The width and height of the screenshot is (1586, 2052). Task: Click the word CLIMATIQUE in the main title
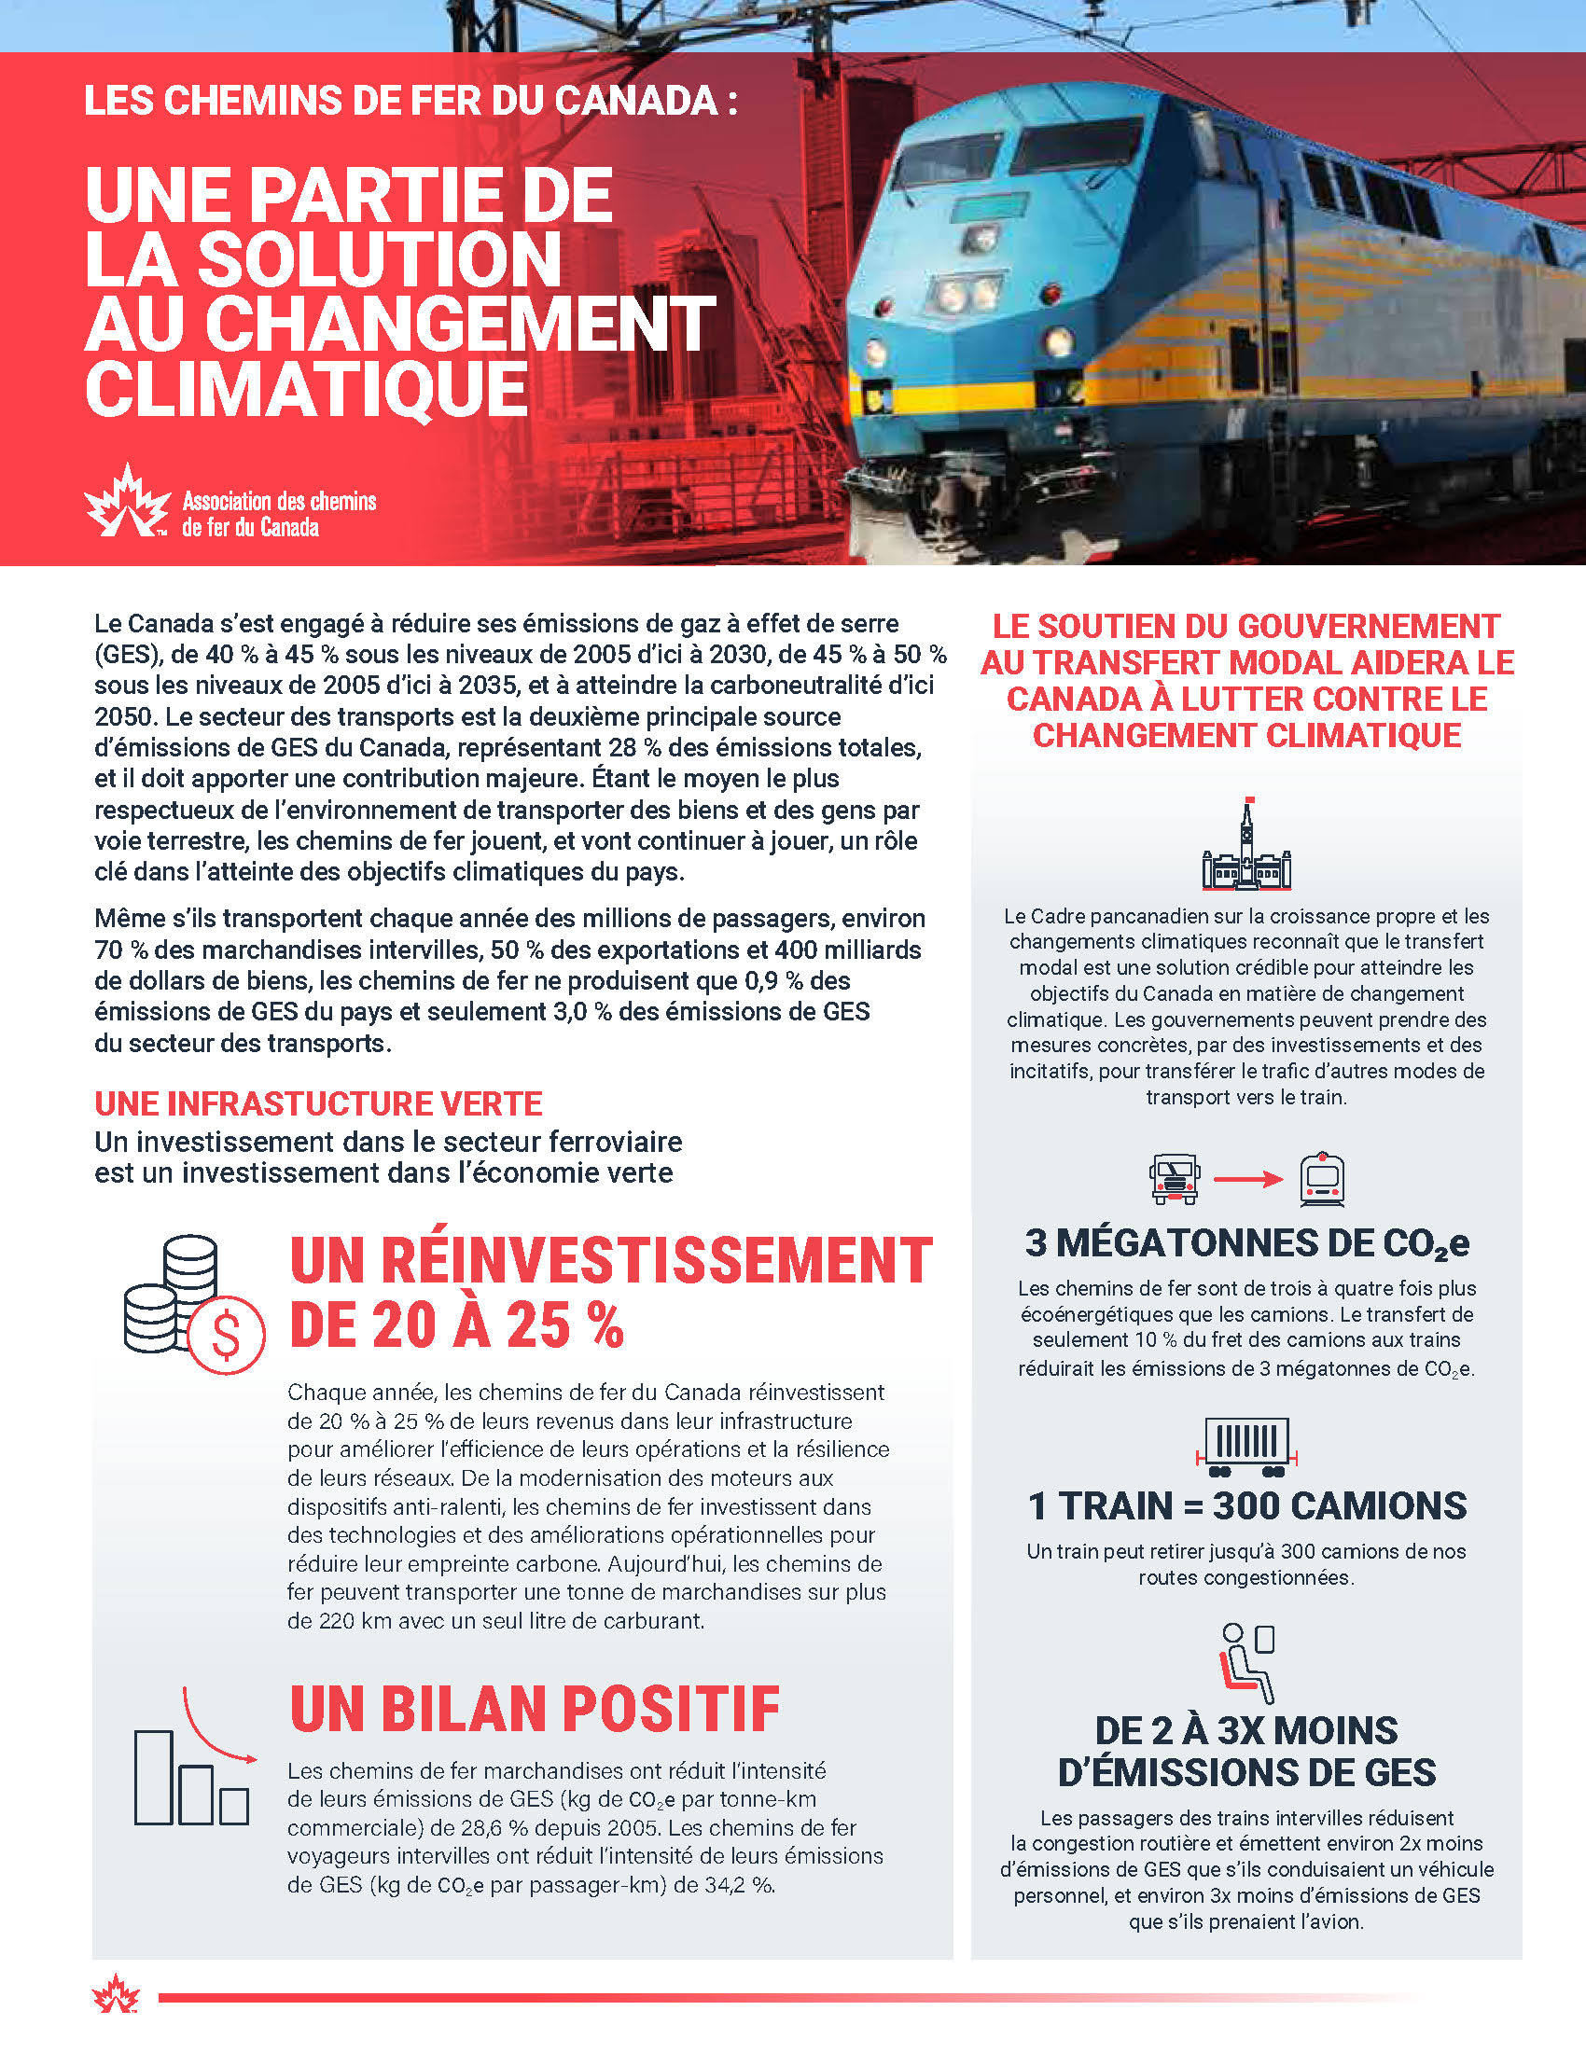(306, 390)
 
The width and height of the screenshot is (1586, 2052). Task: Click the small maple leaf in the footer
(116, 1995)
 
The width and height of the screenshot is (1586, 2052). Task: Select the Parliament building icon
(1245, 846)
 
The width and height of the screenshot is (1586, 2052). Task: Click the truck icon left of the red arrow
(1175, 1179)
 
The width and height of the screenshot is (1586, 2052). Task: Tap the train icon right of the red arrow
(1322, 1179)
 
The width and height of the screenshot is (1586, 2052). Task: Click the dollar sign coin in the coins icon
(227, 1334)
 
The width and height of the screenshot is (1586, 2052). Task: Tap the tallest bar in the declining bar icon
(154, 1778)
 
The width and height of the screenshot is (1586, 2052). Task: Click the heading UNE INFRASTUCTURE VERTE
(318, 1104)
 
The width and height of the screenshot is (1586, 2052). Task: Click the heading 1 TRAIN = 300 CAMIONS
(1246, 1506)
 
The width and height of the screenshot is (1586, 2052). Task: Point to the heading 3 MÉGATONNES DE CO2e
(1246, 1243)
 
